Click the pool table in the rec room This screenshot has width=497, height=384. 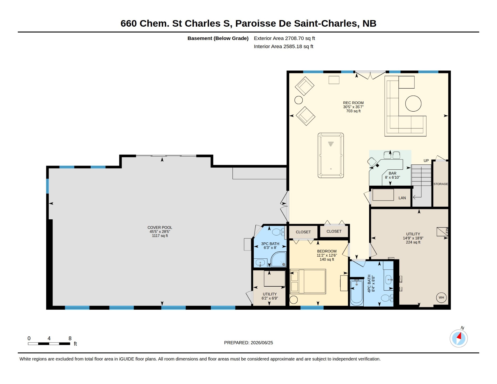(x=331, y=155)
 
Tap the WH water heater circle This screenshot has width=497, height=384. (x=441, y=298)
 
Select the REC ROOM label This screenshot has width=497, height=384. (x=353, y=103)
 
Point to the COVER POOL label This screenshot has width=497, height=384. (x=160, y=228)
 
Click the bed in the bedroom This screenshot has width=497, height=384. (x=308, y=281)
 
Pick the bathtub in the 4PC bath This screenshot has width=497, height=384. (x=357, y=292)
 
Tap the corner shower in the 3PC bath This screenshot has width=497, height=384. (x=279, y=259)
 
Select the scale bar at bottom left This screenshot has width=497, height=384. (x=49, y=344)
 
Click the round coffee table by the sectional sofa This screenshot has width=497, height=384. (x=413, y=104)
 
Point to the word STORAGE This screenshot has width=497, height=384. (x=441, y=184)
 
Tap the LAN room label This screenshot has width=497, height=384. (x=402, y=198)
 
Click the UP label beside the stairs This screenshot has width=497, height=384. (x=426, y=161)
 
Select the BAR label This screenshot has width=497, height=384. (x=392, y=173)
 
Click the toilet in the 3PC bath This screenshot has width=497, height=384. (x=278, y=232)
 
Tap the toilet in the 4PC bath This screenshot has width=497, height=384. (x=387, y=298)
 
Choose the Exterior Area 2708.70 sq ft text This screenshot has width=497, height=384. (x=284, y=38)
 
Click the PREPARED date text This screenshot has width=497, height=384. (x=248, y=343)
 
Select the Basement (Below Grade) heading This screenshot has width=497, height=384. (x=218, y=38)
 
